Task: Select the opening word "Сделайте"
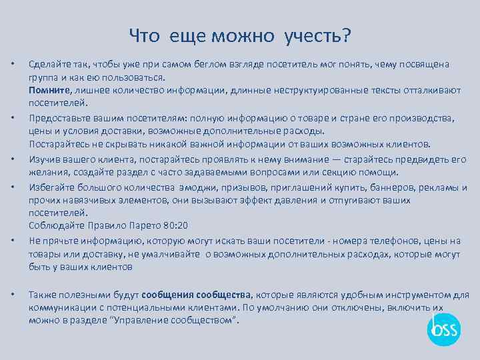pos(49,64)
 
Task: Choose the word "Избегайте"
pos(50,187)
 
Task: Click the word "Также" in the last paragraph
pos(41,295)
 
